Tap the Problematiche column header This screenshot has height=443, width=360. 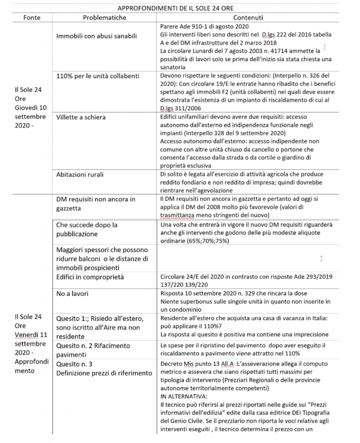coord(104,18)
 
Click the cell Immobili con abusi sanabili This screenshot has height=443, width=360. coord(96,36)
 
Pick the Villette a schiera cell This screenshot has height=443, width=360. coord(81,117)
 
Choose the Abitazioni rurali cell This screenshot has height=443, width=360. coord(81,175)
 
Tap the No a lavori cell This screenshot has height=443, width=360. coord(73,294)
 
